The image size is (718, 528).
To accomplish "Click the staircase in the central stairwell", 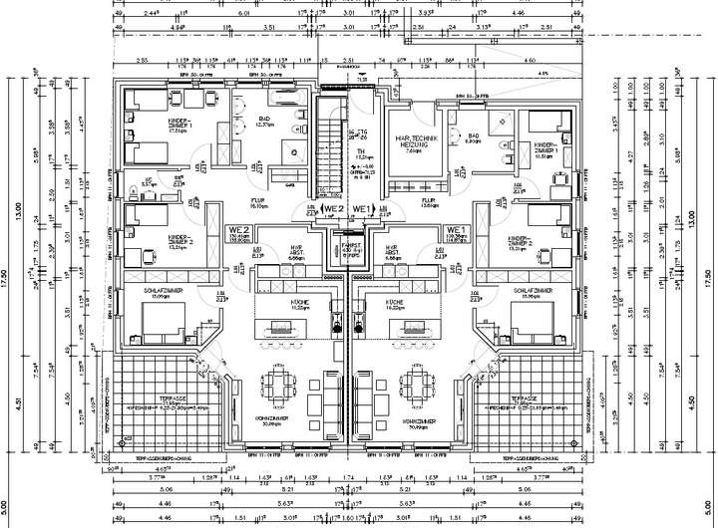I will pyautogui.click(x=326, y=144).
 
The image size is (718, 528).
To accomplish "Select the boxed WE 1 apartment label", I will pyautogui.click(x=363, y=209).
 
